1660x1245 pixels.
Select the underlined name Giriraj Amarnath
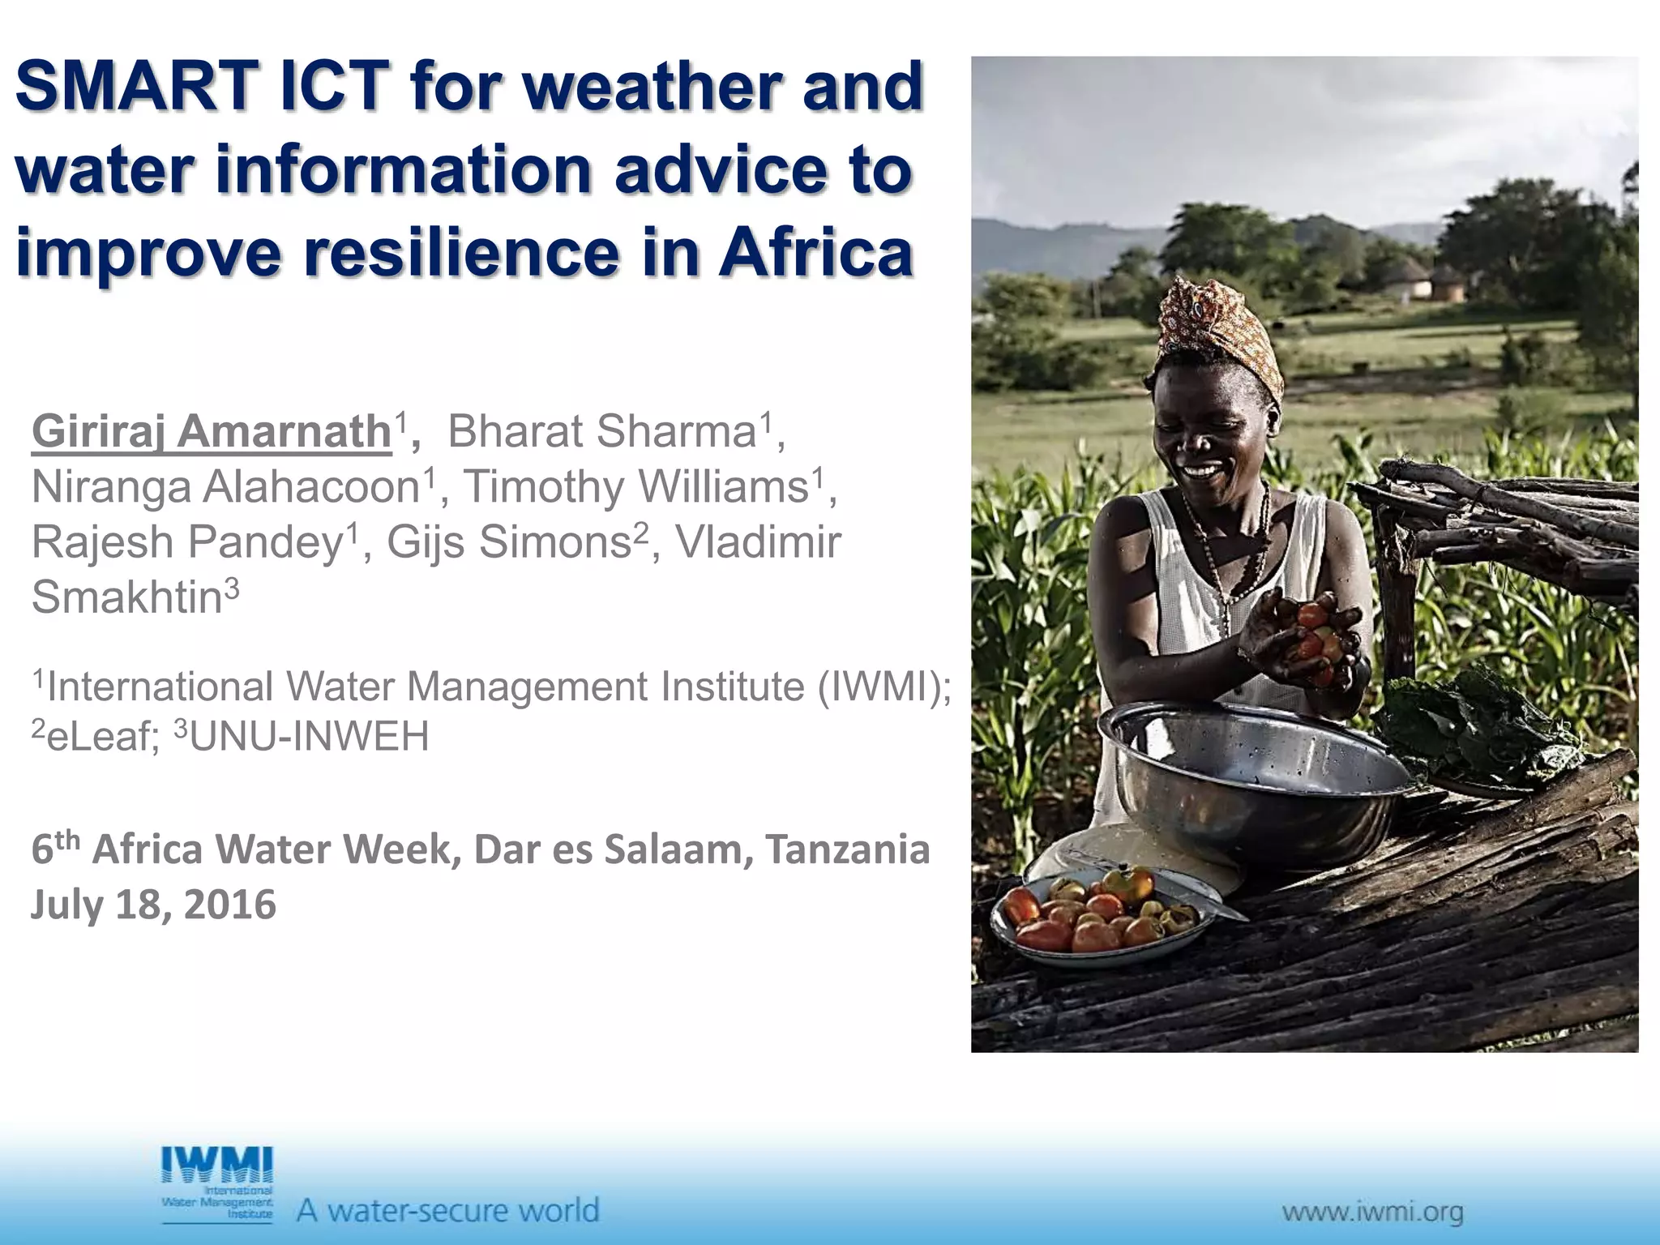(212, 430)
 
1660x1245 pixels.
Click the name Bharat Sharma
(601, 430)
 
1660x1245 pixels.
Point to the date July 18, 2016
(154, 905)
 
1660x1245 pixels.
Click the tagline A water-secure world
(447, 1211)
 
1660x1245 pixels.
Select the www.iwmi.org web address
(1372, 1213)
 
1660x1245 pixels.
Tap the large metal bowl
(1252, 778)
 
